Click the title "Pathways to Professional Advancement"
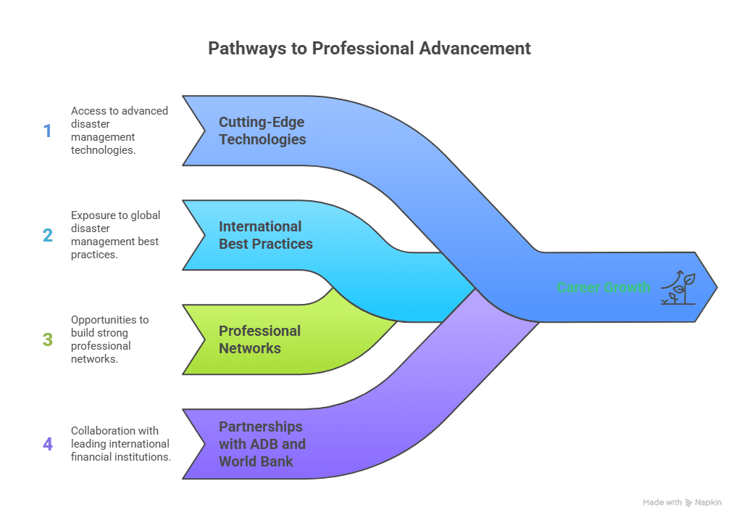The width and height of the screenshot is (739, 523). (369, 49)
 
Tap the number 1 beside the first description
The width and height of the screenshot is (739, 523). (48, 131)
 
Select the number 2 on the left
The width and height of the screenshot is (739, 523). (48, 236)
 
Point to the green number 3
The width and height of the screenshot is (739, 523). (48, 339)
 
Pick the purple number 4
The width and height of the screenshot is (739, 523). (48, 444)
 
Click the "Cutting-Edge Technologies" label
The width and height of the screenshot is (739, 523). (262, 131)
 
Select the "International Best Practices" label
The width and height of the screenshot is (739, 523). (266, 235)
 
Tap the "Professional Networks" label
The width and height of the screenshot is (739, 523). (259, 339)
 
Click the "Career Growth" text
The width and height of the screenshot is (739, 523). (604, 287)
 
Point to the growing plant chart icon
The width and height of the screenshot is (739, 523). (678, 287)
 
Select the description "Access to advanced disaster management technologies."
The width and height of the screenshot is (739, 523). (120, 131)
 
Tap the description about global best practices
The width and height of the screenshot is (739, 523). (116, 235)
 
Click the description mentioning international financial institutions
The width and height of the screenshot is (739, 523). (120, 443)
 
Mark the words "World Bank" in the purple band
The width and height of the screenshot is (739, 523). (256, 461)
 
